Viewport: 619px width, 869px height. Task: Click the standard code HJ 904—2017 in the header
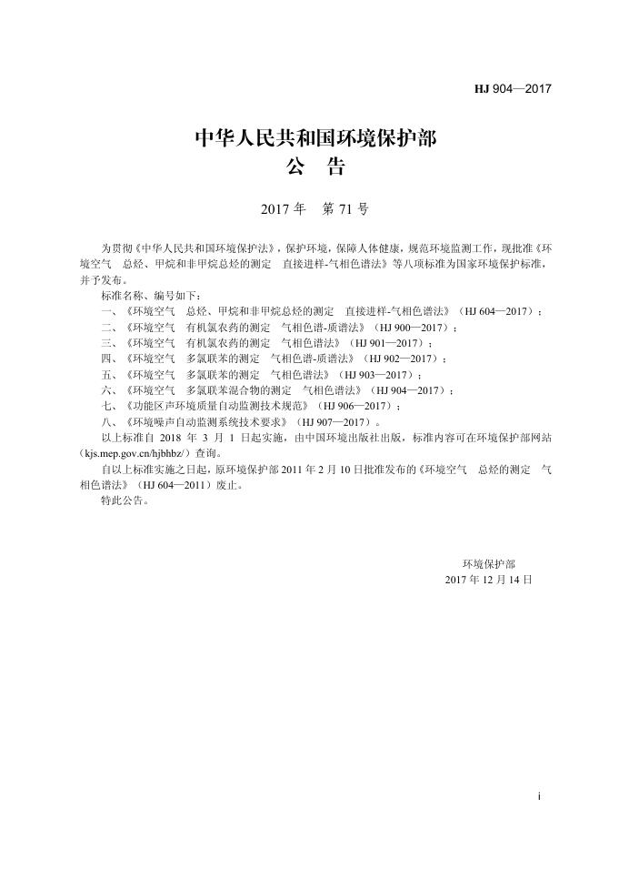coord(514,89)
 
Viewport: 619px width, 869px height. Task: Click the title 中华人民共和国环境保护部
coord(315,139)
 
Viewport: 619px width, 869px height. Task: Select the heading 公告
coord(315,168)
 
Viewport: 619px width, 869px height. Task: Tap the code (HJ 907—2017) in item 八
coord(338,421)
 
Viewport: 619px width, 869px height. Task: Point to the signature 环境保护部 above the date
coord(488,564)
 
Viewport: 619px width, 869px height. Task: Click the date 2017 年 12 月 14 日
coord(488,580)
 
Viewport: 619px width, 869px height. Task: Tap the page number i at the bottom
coord(540,796)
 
